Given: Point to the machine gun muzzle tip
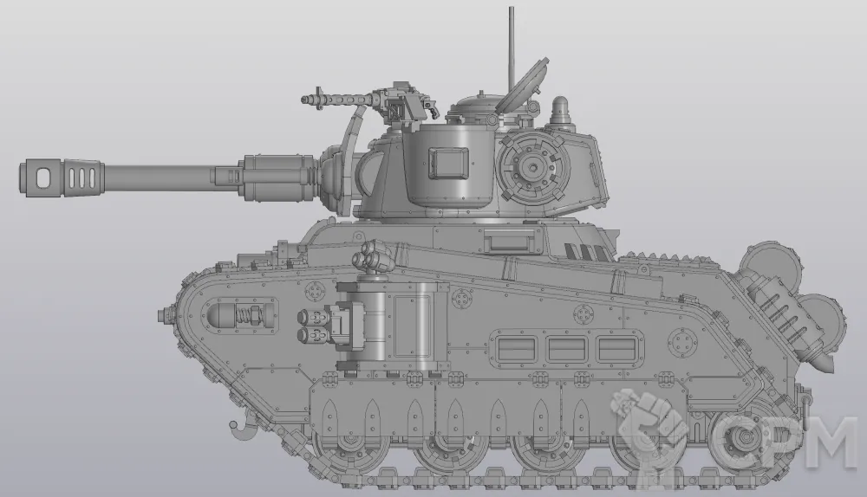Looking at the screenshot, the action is [304, 99].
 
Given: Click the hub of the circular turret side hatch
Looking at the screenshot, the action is [533, 166].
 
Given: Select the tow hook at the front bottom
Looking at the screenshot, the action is [240, 428].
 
